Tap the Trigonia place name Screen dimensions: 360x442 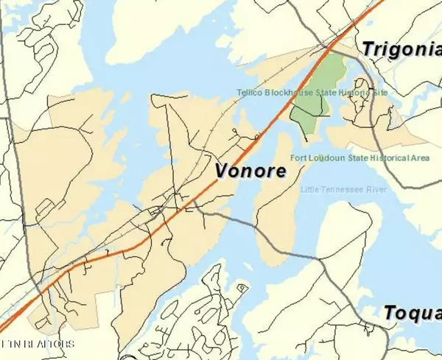(401, 49)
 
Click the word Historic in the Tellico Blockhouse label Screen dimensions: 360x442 (352, 92)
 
